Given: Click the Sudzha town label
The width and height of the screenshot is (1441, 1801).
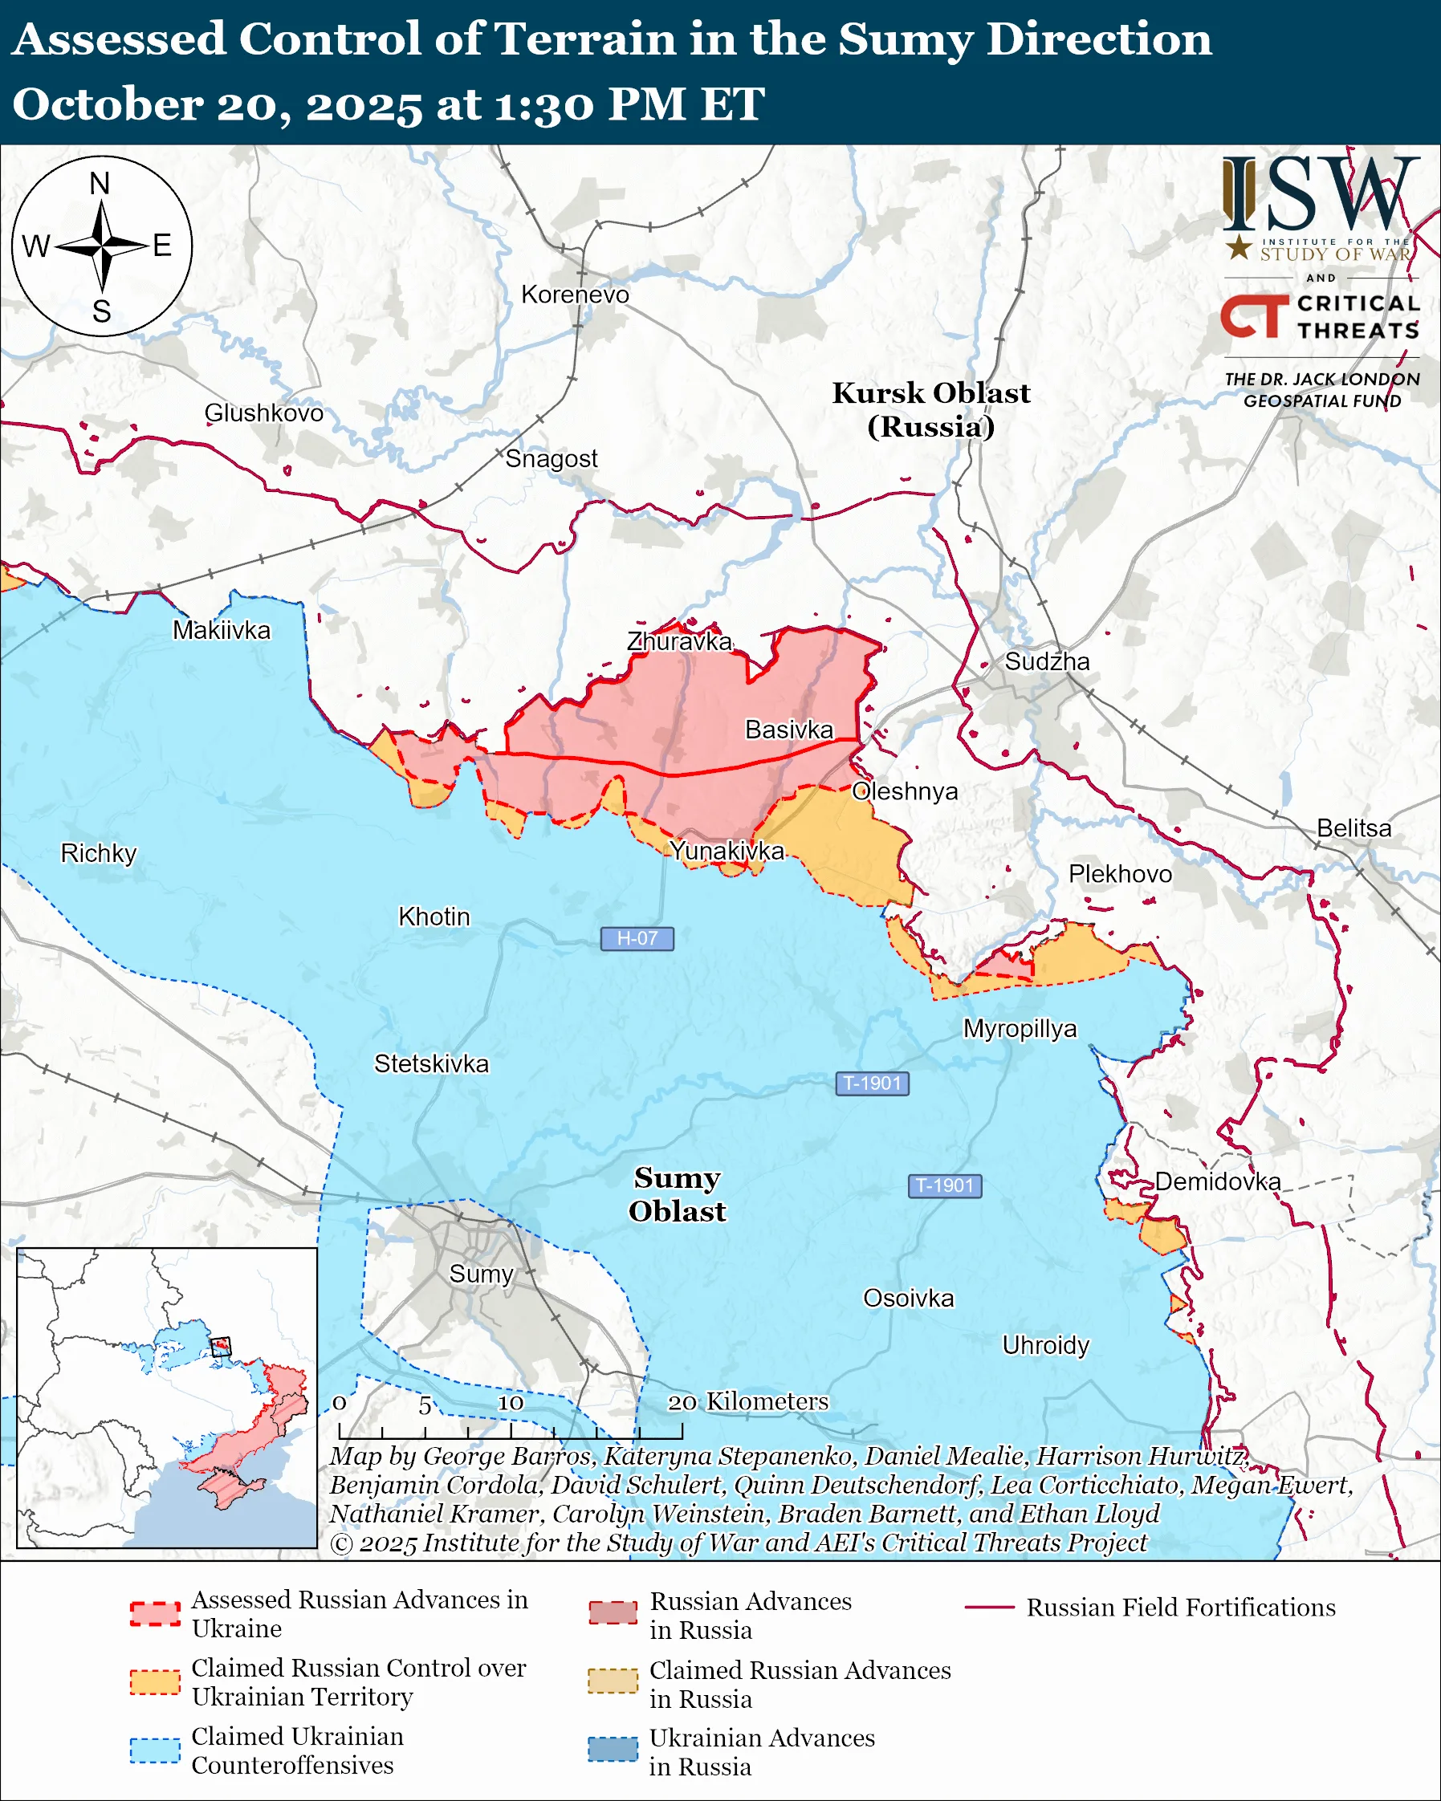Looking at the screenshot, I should click(x=1047, y=661).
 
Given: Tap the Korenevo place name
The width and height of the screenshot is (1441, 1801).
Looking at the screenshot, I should click(x=575, y=295).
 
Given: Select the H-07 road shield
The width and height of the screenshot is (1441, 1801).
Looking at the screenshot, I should click(x=637, y=938).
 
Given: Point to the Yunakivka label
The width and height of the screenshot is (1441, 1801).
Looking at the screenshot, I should click(x=727, y=851).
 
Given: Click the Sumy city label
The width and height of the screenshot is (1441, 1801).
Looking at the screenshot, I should click(x=480, y=1274).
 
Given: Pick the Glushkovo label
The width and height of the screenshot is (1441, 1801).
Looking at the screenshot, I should click(x=263, y=413).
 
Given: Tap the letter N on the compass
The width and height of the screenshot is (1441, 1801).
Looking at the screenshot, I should click(x=100, y=184).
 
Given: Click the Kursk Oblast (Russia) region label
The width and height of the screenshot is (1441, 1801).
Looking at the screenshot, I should click(x=930, y=409).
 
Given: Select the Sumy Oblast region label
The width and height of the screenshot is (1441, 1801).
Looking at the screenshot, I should click(x=677, y=1193).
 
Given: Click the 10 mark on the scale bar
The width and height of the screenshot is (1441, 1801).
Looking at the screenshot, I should click(x=511, y=1403).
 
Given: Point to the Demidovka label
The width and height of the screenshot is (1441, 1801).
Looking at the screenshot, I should click(x=1217, y=1181).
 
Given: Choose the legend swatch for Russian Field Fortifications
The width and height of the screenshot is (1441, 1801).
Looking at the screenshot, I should click(x=989, y=1608).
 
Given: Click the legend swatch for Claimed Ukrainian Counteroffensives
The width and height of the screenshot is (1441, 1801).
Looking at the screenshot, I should click(x=155, y=1750).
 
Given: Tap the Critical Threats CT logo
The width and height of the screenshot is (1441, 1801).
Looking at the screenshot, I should click(x=1254, y=315).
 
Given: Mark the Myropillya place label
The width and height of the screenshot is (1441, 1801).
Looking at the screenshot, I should click(x=1020, y=1028).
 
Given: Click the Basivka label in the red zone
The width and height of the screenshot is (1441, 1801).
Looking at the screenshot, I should click(x=788, y=730).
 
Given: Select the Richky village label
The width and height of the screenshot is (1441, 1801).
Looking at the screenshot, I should click(x=99, y=853).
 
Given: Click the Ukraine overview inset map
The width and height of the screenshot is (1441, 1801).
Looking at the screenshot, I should click(x=166, y=1397).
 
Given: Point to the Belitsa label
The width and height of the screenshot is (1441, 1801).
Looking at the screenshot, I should click(x=1353, y=827).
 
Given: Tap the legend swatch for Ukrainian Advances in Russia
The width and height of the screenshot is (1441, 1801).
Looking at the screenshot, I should click(x=613, y=1750).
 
